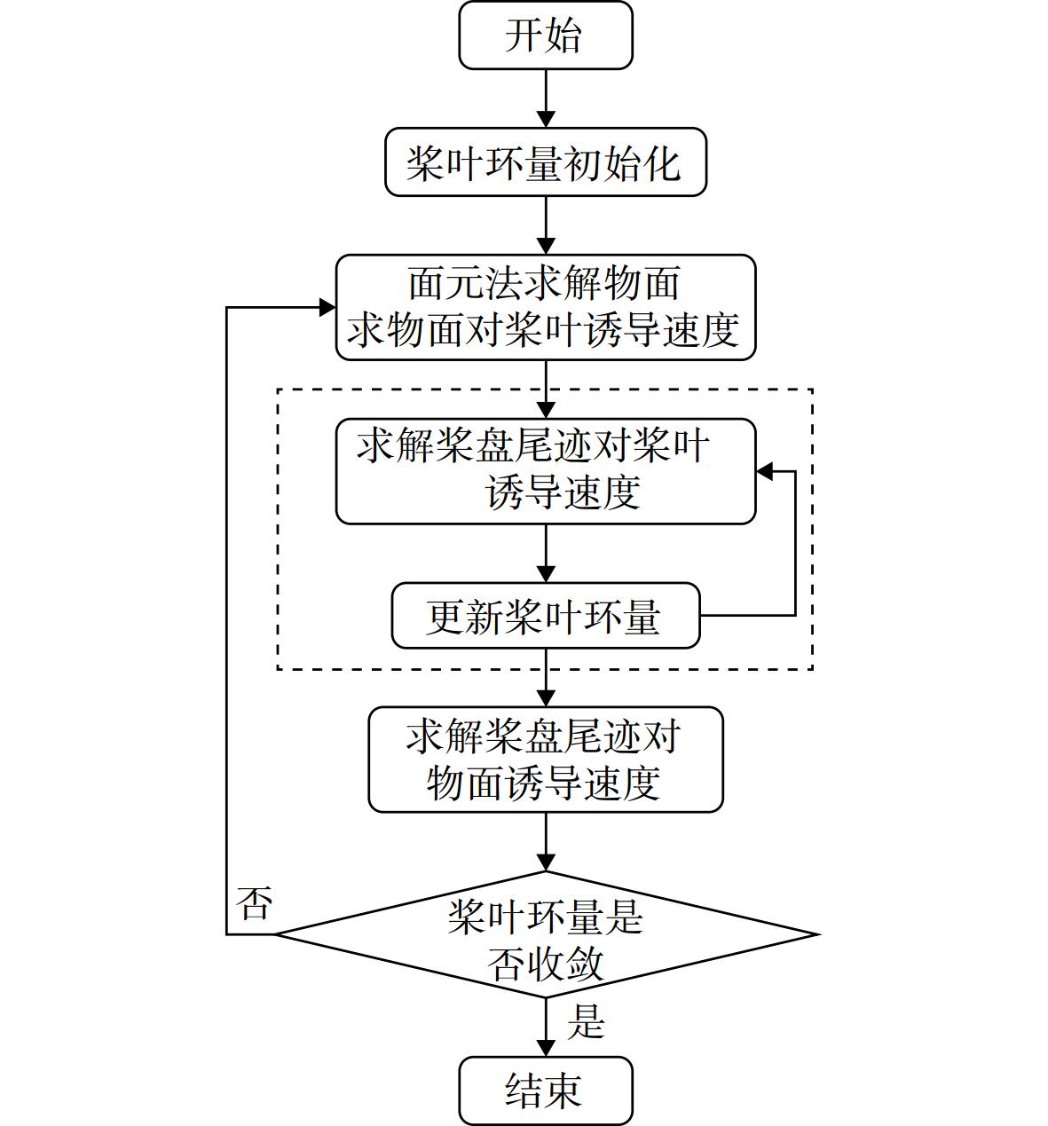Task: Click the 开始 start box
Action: click(546, 35)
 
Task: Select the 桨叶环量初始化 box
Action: click(546, 162)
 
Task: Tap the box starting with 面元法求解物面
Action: click(546, 307)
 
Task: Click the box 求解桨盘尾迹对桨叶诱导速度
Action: click(546, 471)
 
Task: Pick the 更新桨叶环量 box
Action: click(546, 615)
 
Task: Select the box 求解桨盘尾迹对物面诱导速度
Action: click(546, 760)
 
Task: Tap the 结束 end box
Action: click(546, 1091)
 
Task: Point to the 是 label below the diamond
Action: click(587, 1021)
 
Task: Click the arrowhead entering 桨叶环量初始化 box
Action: click(546, 120)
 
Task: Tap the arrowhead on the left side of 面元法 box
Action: click(327, 307)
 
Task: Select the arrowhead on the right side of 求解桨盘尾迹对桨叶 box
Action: click(764, 471)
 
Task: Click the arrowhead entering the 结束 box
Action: click(546, 1048)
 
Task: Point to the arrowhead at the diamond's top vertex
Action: click(546, 863)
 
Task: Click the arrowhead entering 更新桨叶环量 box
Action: click(546, 574)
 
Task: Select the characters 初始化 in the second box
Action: click(623, 164)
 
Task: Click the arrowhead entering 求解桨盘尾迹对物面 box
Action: click(546, 698)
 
